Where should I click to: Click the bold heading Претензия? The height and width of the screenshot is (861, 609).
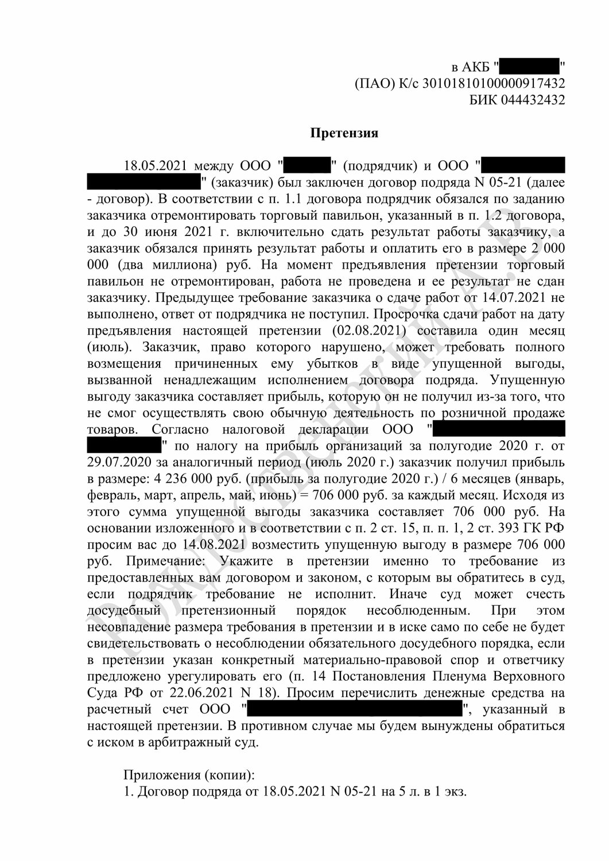tap(344, 133)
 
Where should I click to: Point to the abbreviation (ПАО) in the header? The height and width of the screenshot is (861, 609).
tap(374, 84)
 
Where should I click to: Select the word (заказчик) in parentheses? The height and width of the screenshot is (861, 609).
tap(242, 183)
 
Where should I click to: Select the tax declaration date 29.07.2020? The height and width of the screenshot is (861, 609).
tap(121, 463)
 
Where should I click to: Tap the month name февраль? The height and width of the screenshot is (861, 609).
tap(113, 495)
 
